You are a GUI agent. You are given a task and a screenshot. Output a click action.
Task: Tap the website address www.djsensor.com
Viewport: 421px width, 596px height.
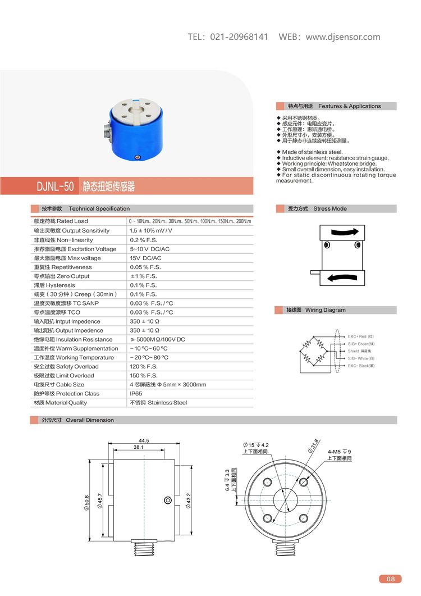pyautogui.click(x=343, y=37)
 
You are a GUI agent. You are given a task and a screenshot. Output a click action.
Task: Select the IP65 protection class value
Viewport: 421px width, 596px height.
pyautogui.click(x=136, y=393)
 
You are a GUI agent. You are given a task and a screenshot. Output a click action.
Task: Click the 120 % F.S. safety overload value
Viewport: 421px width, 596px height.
pyautogui.click(x=144, y=366)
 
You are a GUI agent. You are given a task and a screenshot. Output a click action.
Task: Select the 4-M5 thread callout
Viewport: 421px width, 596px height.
pyautogui.click(x=337, y=451)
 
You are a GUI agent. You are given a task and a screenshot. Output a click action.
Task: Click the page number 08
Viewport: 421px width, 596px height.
pyautogui.click(x=391, y=579)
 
